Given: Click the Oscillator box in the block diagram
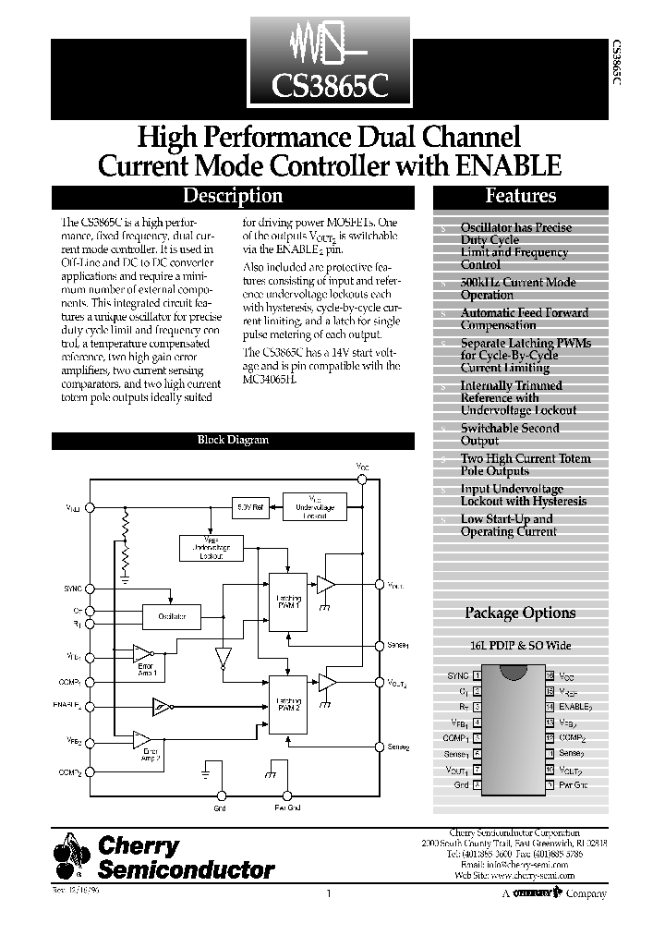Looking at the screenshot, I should [173, 615].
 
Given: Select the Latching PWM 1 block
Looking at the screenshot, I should [288, 601].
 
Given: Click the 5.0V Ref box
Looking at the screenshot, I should [251, 507].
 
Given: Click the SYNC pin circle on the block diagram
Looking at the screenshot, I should [90, 588].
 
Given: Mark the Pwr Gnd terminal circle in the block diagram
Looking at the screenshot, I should [288, 795].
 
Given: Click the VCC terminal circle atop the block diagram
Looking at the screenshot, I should [362, 480].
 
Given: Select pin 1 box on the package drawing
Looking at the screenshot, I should [477, 675].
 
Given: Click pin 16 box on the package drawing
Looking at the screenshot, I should [549, 675].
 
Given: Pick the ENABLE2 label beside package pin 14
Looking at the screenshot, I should [574, 707].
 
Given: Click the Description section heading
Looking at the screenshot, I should [233, 196].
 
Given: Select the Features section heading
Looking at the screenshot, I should [520, 196].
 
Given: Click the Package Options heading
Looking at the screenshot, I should [519, 613].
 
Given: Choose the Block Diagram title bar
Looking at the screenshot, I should [233, 440].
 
